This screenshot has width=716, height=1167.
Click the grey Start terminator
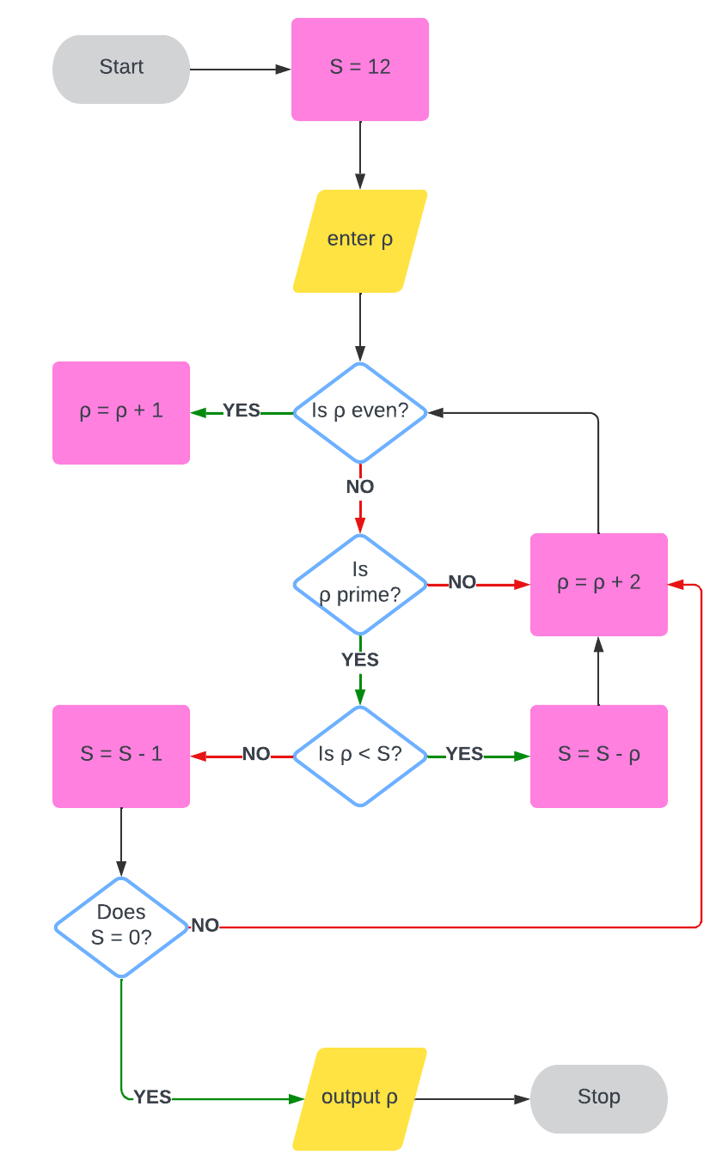121,69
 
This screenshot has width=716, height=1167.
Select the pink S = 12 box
359,69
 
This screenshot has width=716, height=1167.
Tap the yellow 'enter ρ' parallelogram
359,240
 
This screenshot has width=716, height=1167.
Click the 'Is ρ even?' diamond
359,412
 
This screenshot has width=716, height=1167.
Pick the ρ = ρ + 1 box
121,412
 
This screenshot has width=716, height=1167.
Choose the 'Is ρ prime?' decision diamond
359,584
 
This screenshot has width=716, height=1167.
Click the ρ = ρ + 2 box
598,584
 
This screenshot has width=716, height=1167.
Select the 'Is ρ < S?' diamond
359,756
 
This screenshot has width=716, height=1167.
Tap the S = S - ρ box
598,756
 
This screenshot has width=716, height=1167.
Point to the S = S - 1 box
121,756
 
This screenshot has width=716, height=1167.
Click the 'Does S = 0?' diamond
121,927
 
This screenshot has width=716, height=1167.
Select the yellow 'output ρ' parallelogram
359,1098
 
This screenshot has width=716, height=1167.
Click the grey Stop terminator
598,1098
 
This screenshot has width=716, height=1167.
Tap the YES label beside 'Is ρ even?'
242,411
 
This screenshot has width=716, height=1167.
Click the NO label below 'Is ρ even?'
360,487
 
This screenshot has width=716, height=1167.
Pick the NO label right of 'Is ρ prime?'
462,582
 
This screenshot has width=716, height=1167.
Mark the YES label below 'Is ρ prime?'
360,659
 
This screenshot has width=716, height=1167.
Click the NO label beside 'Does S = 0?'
205,926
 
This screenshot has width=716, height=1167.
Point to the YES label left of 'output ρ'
153,1097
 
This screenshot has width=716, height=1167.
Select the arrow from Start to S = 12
240,69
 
